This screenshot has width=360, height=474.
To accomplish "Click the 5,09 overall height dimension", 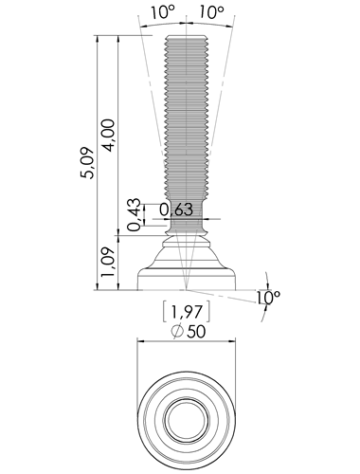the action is (x=86, y=163).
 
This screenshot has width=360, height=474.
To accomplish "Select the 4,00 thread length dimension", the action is (x=108, y=136).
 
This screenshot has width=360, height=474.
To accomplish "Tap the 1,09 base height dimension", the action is (x=107, y=262).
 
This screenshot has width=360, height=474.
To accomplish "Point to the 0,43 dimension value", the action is (x=135, y=214).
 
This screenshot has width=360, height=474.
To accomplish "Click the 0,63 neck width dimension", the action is (x=176, y=210).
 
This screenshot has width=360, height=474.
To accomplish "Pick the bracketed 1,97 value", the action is (x=187, y=312).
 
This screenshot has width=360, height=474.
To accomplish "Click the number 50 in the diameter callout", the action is (x=196, y=332).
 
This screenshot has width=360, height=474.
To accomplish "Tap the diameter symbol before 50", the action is (x=177, y=332).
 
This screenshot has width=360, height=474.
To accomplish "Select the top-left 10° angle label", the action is (x=163, y=12).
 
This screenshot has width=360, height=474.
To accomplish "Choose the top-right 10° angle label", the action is (x=211, y=12).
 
